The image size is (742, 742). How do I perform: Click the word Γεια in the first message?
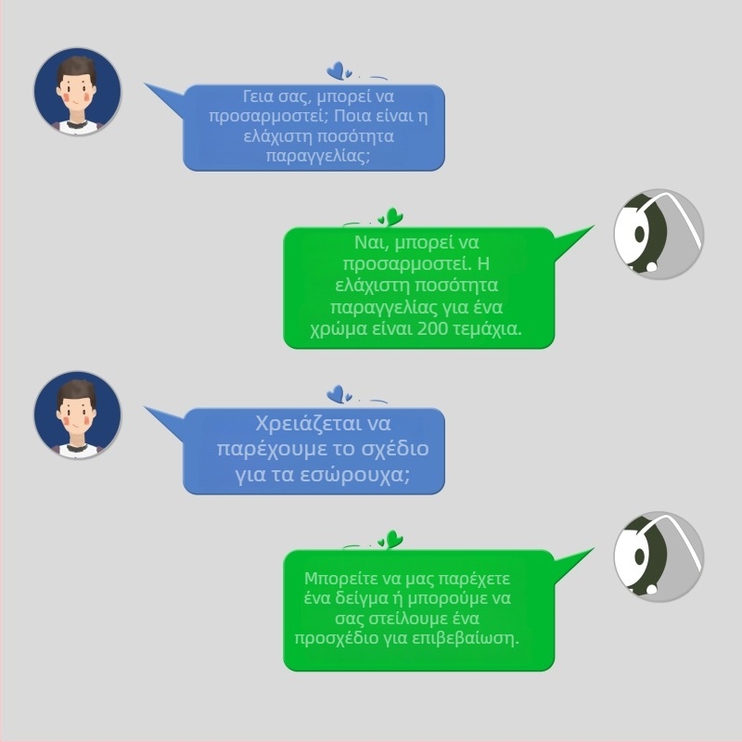click(x=258, y=96)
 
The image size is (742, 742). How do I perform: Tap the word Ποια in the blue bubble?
click(x=351, y=116)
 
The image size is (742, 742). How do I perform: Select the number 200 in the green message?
click(x=432, y=328)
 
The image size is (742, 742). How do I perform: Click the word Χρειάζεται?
click(x=301, y=424)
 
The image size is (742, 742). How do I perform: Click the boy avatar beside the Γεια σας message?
click(x=78, y=91)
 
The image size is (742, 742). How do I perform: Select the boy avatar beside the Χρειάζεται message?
click(x=78, y=415)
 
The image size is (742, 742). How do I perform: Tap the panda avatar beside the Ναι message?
click(x=659, y=235)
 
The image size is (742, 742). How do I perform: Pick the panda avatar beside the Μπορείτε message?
click(x=659, y=556)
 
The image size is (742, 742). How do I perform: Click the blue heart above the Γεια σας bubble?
click(x=336, y=71)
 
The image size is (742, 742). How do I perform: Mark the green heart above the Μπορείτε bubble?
click(x=393, y=539)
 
